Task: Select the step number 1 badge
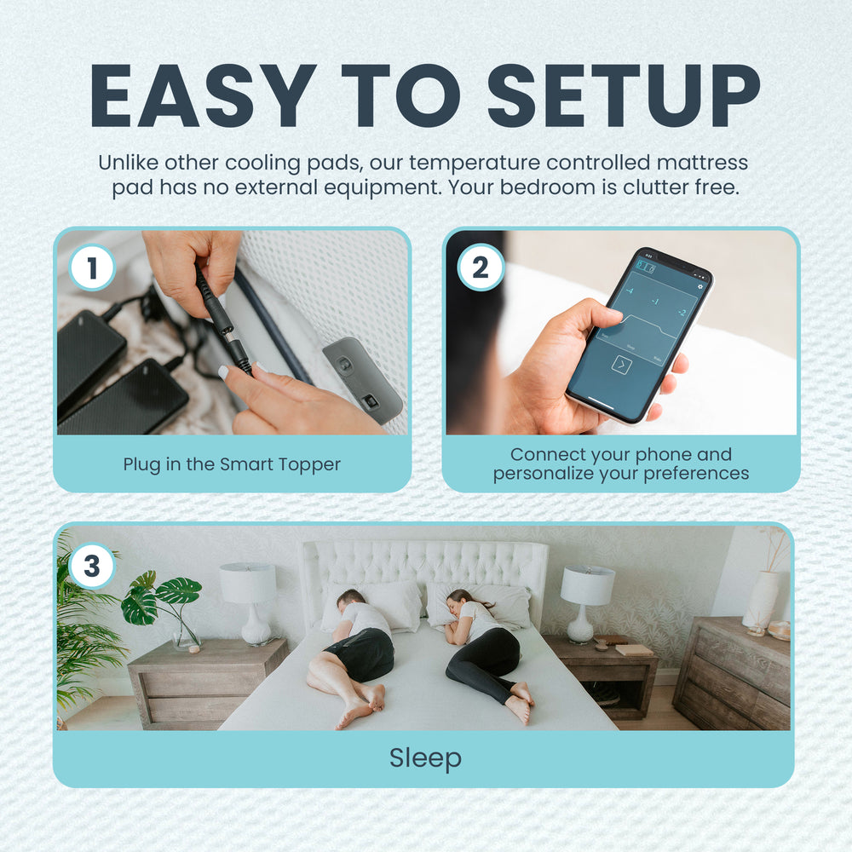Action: pyautogui.click(x=91, y=268)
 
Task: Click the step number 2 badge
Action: pyautogui.click(x=480, y=268)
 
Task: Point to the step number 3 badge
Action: pyautogui.click(x=91, y=566)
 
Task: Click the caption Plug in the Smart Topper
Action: pyautogui.click(x=232, y=464)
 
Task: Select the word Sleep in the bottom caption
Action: pyautogui.click(x=425, y=757)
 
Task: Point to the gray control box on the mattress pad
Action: pyautogui.click(x=361, y=379)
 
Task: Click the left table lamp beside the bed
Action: pyautogui.click(x=249, y=601)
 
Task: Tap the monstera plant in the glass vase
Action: pyautogui.click(x=164, y=604)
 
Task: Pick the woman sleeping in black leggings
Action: pyautogui.click(x=486, y=652)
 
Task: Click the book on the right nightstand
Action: pyautogui.click(x=634, y=649)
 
